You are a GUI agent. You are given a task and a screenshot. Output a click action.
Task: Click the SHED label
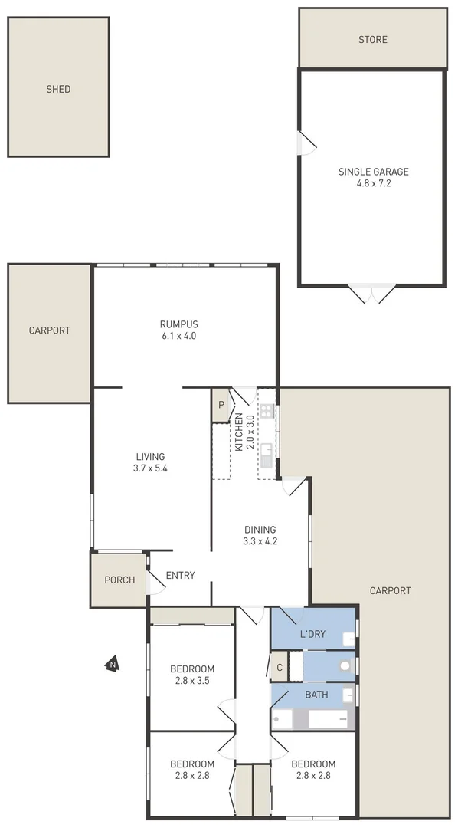pos(58,89)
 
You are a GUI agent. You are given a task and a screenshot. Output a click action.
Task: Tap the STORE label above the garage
pos(373,39)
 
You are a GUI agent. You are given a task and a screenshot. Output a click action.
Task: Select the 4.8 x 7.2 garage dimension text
pos(373,184)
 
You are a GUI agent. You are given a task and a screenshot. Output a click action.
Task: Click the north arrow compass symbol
pos(111,663)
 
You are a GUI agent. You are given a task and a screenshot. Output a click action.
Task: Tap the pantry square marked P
pos(221,405)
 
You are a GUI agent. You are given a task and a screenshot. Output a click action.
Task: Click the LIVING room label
pos(150,457)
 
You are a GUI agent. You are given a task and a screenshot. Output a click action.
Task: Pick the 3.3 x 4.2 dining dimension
pos(260,542)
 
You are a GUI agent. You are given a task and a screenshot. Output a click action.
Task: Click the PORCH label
pos(119,580)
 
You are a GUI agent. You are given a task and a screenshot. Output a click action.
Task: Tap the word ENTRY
pos(181,576)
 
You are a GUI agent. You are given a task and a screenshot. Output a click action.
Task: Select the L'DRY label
pos(312,634)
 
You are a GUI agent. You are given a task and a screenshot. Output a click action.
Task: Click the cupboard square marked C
pos(280,667)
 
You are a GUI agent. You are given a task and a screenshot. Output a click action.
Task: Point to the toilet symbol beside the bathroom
pos(345,666)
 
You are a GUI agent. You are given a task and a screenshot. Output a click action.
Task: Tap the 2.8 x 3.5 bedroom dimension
pos(191,681)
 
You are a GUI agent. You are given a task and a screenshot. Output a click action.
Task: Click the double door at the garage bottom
pos(372,294)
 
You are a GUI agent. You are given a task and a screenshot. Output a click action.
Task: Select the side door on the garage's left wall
pos(306,141)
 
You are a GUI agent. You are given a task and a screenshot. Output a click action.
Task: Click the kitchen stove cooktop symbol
pos(267,412)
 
